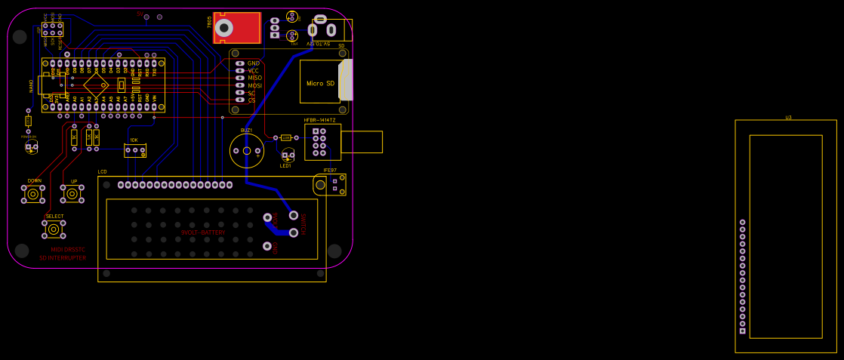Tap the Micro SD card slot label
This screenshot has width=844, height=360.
[x=320, y=83]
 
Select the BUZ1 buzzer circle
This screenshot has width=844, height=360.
[x=247, y=151]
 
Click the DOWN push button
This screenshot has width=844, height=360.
[x=34, y=195]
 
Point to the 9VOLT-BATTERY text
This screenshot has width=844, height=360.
[x=203, y=232]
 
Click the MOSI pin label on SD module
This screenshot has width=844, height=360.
[x=255, y=85]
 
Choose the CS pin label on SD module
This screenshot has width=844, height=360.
[x=252, y=100]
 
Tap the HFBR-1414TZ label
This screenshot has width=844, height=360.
[x=319, y=120]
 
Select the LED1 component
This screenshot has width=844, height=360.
[x=288, y=156]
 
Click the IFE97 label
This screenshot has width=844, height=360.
[x=330, y=171]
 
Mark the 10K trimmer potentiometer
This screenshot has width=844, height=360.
[x=135, y=149]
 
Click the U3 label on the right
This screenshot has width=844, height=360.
[x=788, y=117]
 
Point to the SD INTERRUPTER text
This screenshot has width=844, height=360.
[x=63, y=258]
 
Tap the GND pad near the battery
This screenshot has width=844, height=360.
[x=267, y=246]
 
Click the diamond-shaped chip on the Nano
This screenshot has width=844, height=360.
[x=96, y=81]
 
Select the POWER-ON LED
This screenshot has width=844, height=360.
[x=31, y=146]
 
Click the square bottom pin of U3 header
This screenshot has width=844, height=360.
[x=742, y=331]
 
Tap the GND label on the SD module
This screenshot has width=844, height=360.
[x=254, y=63]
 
